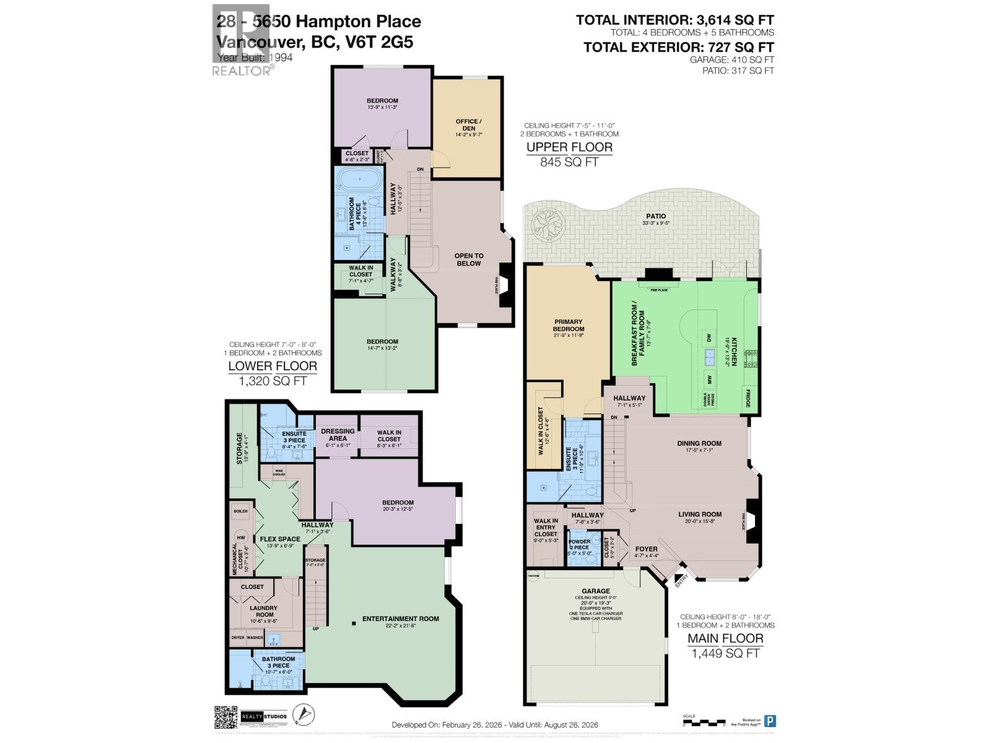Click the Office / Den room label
tap(467, 125)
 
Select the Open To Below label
tap(469, 259)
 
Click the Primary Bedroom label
tap(568, 325)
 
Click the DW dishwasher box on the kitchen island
tap(709, 337)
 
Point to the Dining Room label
tap(699, 443)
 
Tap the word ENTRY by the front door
tap(682, 581)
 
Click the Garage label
tap(595, 591)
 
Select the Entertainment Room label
tap(400, 619)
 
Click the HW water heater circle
tap(240, 537)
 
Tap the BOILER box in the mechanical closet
tap(240, 511)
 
